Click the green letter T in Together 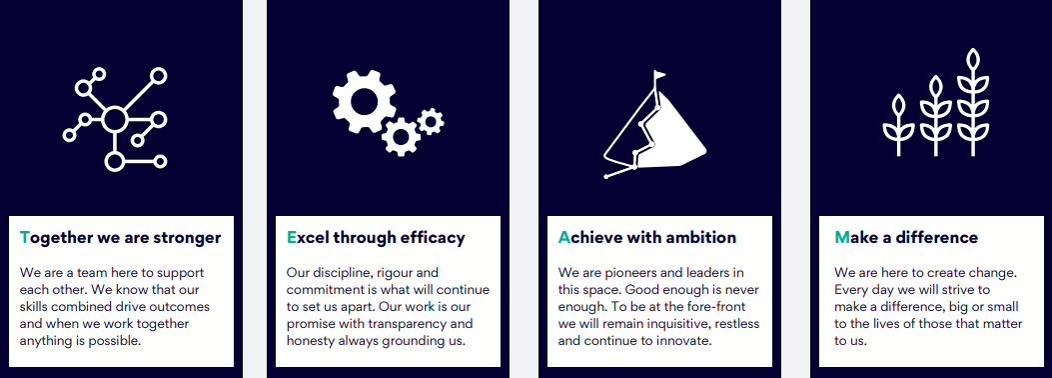(25, 238)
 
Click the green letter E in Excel (291, 238)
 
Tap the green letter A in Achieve (563, 238)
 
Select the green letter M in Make (842, 238)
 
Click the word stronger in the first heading (187, 238)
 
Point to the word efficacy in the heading (433, 238)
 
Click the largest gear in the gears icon (364, 101)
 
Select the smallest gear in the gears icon (430, 122)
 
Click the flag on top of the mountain (660, 75)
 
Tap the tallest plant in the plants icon (973, 102)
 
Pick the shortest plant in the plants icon (898, 126)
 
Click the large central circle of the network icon (115, 120)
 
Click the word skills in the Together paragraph (35, 307)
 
